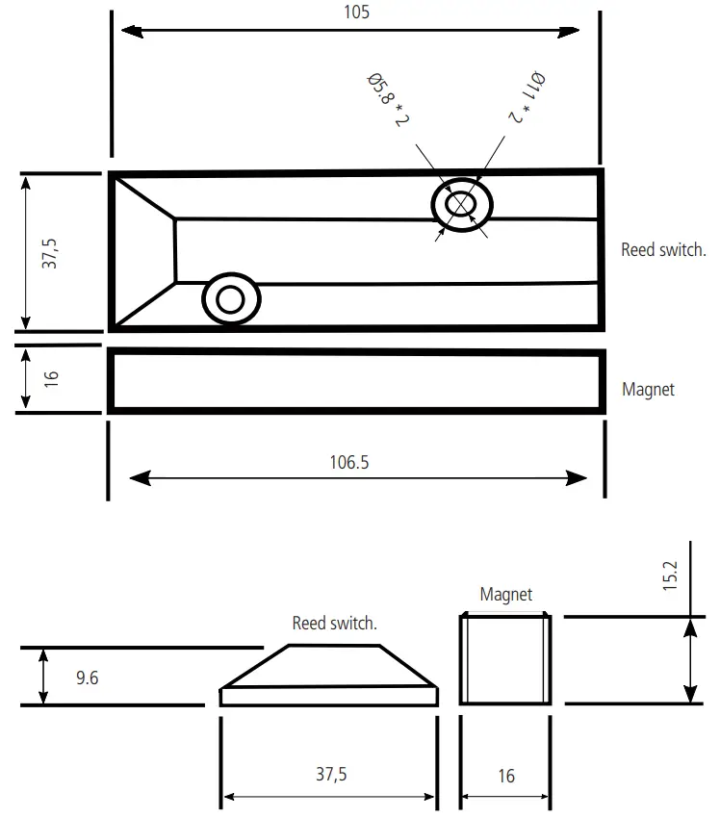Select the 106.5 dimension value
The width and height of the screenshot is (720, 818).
pyautogui.click(x=349, y=462)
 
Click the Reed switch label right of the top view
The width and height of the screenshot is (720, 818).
pyautogui.click(x=663, y=250)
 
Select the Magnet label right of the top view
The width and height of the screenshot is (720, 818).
pyautogui.click(x=648, y=390)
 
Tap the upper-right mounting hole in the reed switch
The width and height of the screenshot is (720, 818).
pyautogui.click(x=461, y=205)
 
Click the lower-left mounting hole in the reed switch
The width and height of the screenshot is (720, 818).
pyautogui.click(x=231, y=300)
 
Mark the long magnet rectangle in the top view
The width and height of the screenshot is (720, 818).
pyautogui.click(x=356, y=381)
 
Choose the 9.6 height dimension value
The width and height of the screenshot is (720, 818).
pyautogui.click(x=87, y=677)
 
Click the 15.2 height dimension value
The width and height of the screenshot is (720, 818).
pyautogui.click(x=672, y=575)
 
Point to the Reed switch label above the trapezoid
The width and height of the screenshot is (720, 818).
pyautogui.click(x=334, y=624)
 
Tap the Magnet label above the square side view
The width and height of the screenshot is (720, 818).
pyautogui.click(x=505, y=595)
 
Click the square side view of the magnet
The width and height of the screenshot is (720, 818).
pyautogui.click(x=505, y=660)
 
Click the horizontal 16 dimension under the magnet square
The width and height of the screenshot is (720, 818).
pyautogui.click(x=506, y=776)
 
